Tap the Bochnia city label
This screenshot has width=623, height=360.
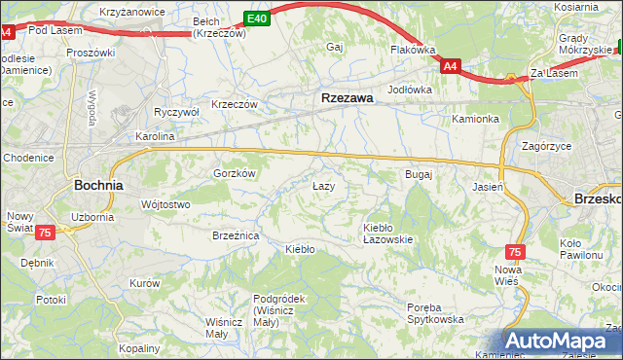point(98,184)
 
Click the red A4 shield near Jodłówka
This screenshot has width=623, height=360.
point(449,66)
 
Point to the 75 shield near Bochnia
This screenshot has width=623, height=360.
point(45,233)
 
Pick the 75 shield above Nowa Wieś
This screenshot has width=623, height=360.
point(515,251)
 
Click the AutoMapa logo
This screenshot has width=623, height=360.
point(562,341)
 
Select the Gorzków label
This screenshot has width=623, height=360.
point(234,173)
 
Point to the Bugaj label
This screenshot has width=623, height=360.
point(418,174)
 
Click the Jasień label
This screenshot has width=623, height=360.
point(487,186)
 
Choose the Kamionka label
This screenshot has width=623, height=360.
point(475,119)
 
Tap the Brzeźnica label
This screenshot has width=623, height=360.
point(236,235)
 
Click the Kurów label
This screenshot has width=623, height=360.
point(144,283)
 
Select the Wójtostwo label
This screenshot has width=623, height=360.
point(165,204)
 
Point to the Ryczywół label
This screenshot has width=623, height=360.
point(176,112)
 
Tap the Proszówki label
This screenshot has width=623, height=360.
point(91,53)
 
